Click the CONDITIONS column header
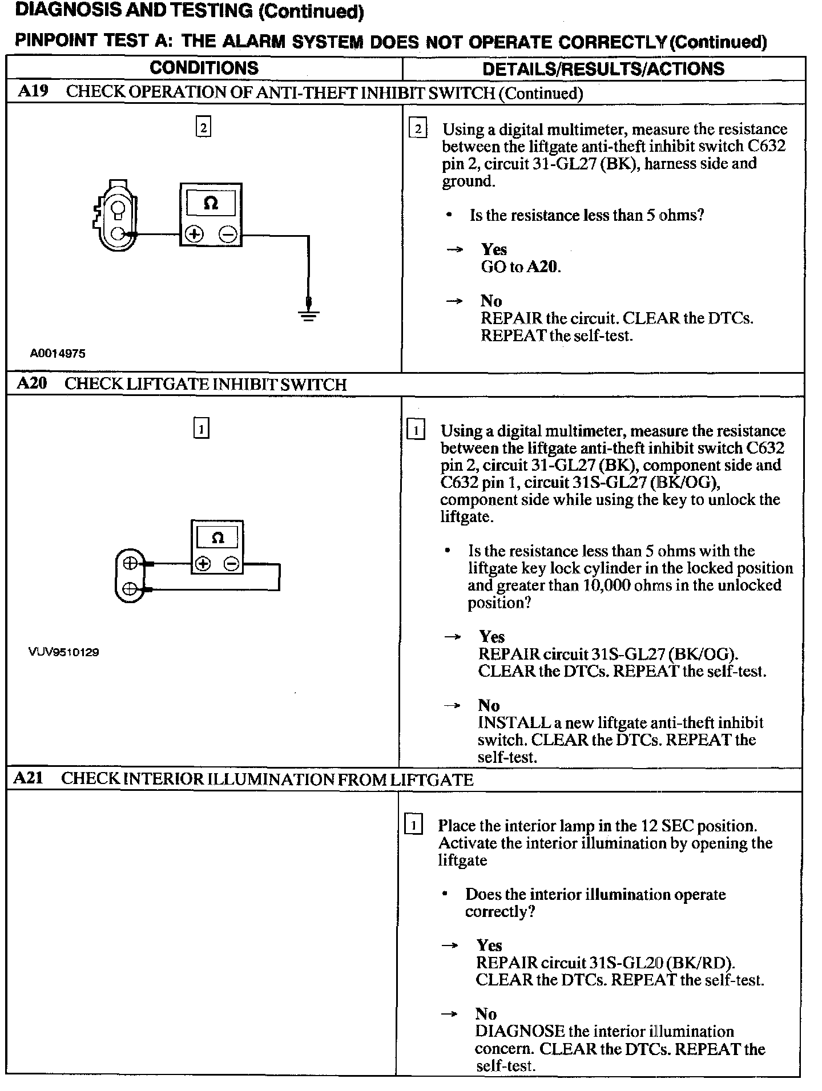click(x=204, y=68)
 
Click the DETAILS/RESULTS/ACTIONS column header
click(x=603, y=69)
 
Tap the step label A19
click(x=33, y=92)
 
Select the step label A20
click(x=32, y=383)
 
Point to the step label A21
click(x=28, y=778)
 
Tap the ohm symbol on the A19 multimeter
click(x=211, y=203)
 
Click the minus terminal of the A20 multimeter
click(x=231, y=564)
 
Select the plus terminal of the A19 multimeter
click(x=194, y=234)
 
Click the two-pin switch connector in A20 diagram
click(x=130, y=575)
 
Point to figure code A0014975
click(x=58, y=354)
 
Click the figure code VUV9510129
click(x=63, y=652)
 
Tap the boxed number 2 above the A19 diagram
click(x=203, y=127)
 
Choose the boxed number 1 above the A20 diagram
click(x=202, y=428)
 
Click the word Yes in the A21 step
click(x=489, y=945)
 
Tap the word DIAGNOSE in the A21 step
click(x=519, y=1031)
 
